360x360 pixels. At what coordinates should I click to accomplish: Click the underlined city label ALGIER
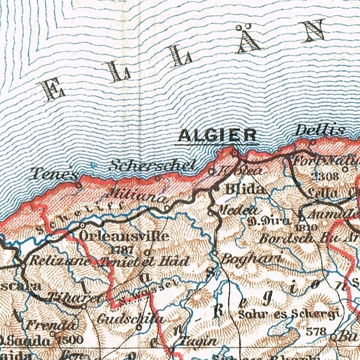click(x=217, y=136)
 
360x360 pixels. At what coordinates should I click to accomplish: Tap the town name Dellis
click(x=320, y=130)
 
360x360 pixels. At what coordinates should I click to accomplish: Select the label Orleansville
click(x=123, y=236)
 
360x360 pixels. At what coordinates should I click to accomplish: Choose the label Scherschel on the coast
click(x=153, y=165)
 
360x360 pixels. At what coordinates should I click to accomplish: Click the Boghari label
click(x=252, y=259)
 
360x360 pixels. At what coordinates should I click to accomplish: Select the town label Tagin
click(x=199, y=341)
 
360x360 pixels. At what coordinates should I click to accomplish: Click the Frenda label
click(x=51, y=325)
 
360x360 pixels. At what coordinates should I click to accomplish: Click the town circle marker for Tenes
click(x=78, y=185)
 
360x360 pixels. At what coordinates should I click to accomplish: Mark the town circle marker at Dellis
click(x=313, y=142)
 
